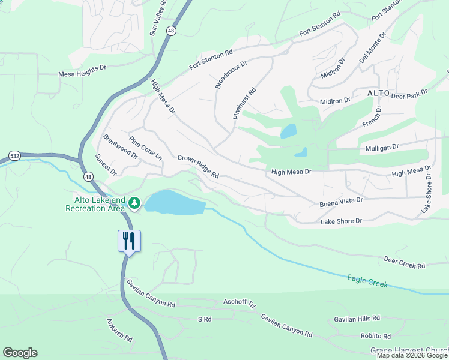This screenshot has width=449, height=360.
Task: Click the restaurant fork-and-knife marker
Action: click(x=128, y=241)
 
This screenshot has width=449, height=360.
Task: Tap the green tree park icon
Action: click(x=135, y=203)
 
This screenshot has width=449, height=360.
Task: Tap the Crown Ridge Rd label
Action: click(x=198, y=167)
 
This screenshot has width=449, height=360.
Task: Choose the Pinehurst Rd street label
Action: click(x=244, y=103)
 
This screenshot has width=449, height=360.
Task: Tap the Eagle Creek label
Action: click(x=367, y=281)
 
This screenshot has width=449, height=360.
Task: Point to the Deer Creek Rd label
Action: click(x=404, y=262)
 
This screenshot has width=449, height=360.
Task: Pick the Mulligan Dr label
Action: click(x=382, y=147)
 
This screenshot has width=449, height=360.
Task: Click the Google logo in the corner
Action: click(x=20, y=353)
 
